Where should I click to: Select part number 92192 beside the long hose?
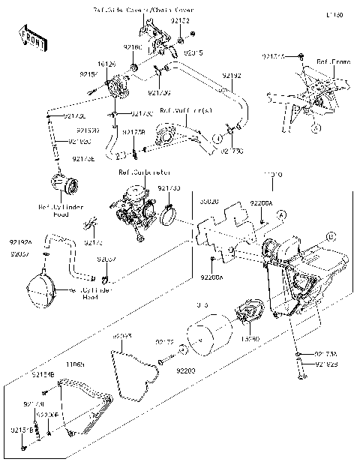click(x=232, y=76)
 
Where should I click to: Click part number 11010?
click(x=271, y=175)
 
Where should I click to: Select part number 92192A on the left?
click(x=21, y=243)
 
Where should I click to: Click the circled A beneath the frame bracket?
click(x=316, y=128)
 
